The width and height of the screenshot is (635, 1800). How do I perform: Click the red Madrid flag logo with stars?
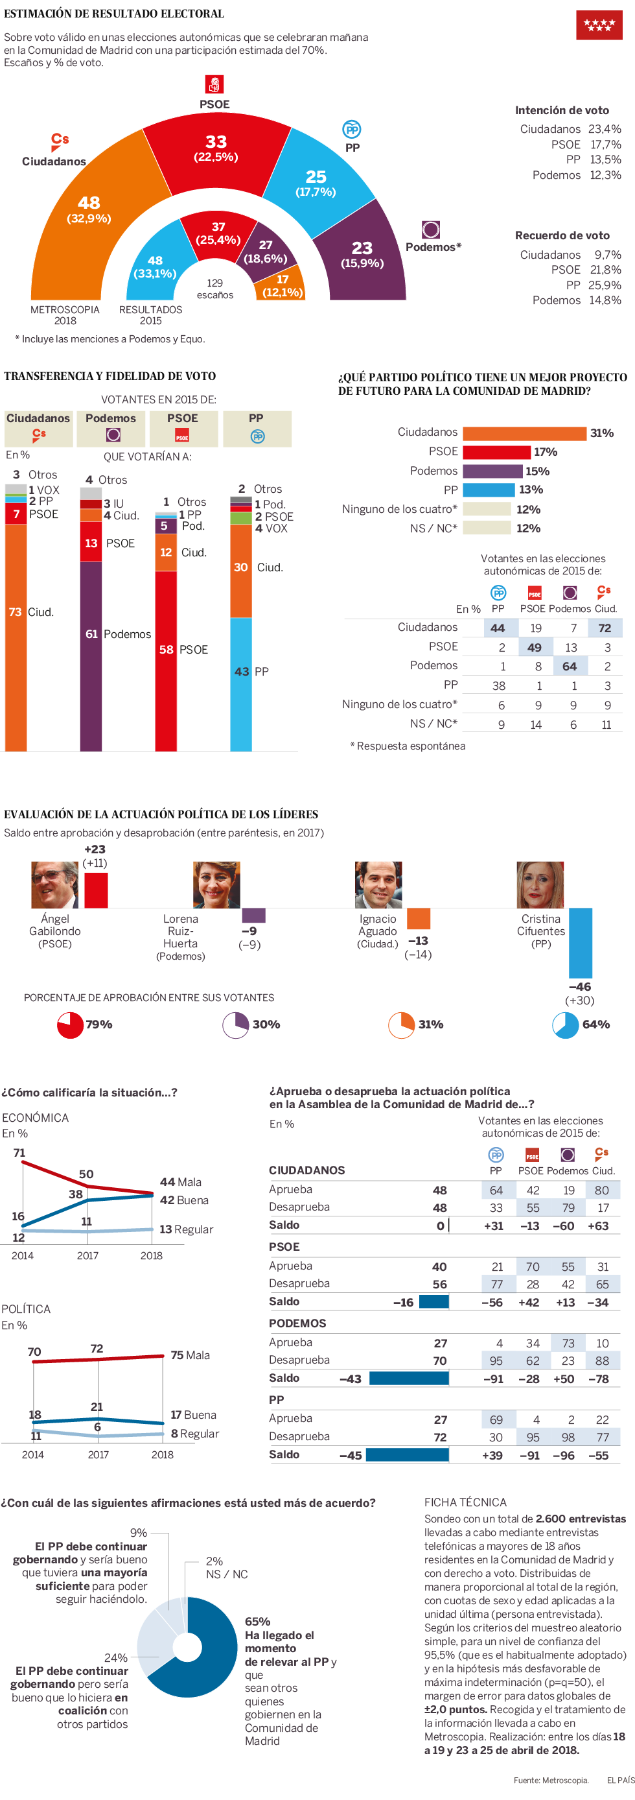click(599, 25)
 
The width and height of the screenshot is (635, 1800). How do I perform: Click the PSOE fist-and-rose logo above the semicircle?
click(214, 84)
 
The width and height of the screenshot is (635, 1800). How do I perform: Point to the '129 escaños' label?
click(214, 289)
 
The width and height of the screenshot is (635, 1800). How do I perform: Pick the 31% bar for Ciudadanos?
click(524, 433)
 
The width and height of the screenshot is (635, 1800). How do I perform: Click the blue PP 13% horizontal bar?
click(489, 490)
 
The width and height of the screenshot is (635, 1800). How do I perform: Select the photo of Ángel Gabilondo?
click(54, 884)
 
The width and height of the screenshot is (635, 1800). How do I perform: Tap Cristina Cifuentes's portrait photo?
click(540, 884)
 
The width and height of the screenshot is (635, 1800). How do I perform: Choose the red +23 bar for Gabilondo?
click(96, 890)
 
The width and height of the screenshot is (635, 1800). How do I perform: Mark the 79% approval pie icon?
click(70, 1025)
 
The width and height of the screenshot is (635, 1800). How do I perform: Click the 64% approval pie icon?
click(565, 1025)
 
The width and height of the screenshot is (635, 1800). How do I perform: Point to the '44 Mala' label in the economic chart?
click(180, 1181)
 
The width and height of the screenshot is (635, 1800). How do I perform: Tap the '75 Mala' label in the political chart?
click(190, 1355)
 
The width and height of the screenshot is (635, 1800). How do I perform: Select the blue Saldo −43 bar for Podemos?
click(409, 1378)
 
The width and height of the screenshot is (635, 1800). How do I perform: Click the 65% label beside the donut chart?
click(257, 1621)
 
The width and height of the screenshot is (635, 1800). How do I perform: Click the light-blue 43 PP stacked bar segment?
click(241, 684)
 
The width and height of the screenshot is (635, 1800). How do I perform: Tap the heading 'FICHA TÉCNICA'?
click(465, 1502)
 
